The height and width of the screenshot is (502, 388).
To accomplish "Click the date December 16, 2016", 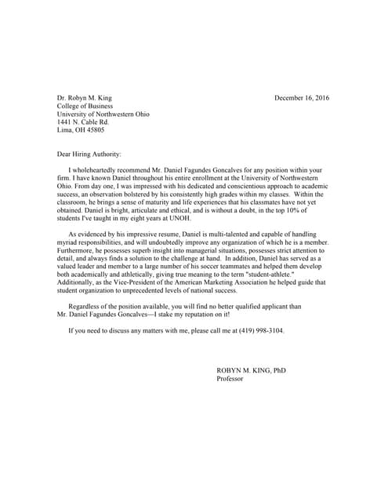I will click(302, 98).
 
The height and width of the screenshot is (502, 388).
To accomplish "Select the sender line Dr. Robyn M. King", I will click(85, 98).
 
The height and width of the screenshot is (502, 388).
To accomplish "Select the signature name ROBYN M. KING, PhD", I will click(251, 370).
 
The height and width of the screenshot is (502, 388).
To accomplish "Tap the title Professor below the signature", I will click(230, 378).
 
